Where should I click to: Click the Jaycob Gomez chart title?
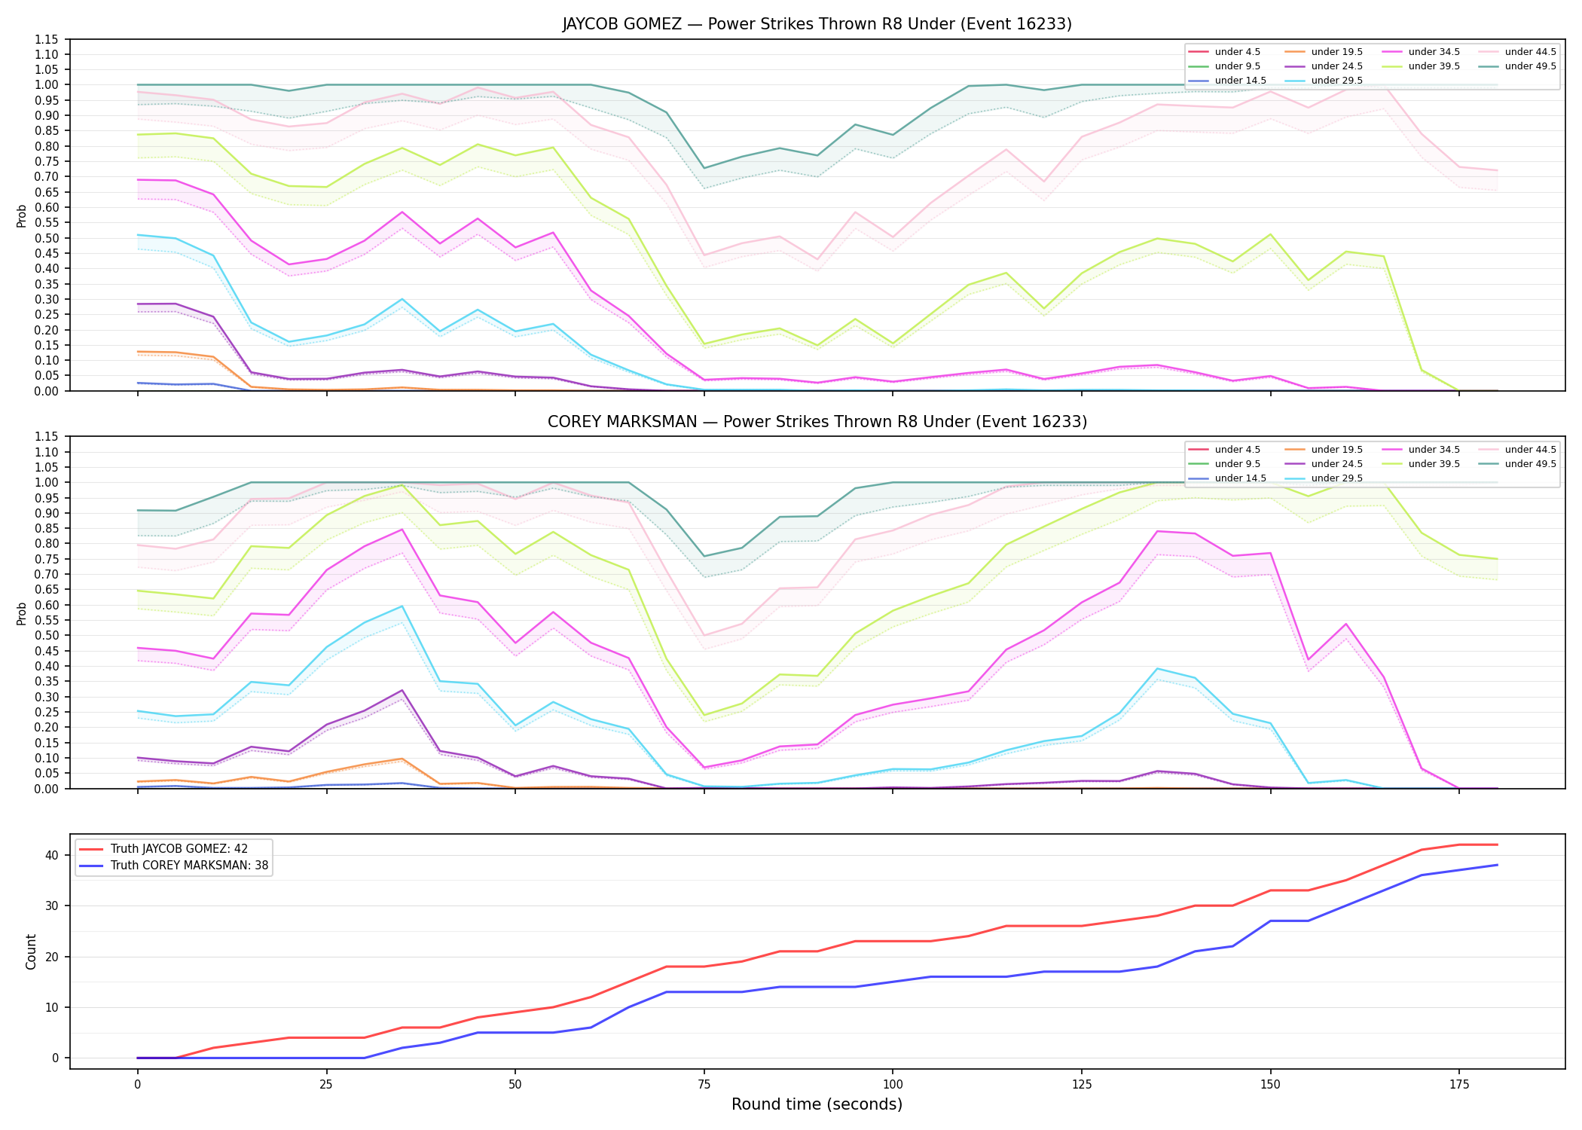[817, 24]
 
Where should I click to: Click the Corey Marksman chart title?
[817, 422]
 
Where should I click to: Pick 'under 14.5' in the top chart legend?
[1240, 81]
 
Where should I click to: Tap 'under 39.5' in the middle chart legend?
[1434, 464]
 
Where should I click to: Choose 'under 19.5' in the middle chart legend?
[1336, 450]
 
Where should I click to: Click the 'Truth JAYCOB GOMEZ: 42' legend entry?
[179, 849]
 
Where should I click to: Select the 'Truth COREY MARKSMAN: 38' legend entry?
[189, 866]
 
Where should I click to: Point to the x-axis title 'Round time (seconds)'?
[817, 1104]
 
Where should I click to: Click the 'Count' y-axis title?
[31, 951]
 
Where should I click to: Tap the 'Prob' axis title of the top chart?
[22, 215]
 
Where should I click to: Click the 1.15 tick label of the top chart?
[47, 39]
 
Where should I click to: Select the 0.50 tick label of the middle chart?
[47, 635]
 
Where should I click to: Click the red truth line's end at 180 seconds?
[1497, 844]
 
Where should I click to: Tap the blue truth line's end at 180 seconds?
[1497, 865]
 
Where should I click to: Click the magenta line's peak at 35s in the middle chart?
[402, 530]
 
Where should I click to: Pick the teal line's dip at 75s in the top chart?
[704, 168]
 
